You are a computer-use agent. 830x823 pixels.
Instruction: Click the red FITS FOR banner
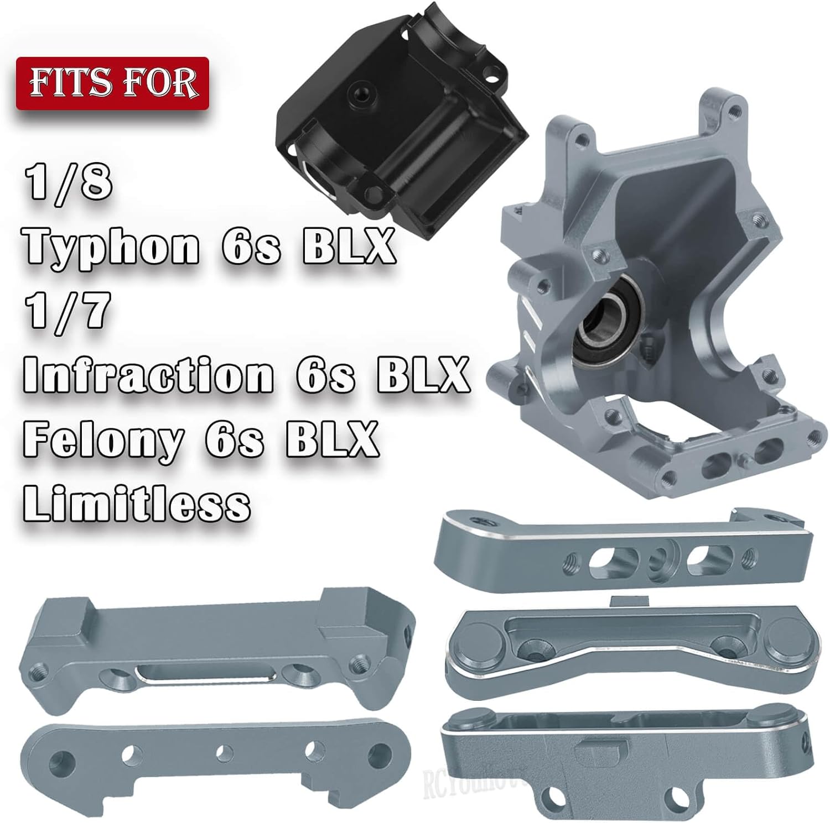point(112,83)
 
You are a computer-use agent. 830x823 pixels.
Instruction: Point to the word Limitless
point(137,502)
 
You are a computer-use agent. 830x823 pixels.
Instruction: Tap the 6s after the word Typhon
point(252,247)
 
